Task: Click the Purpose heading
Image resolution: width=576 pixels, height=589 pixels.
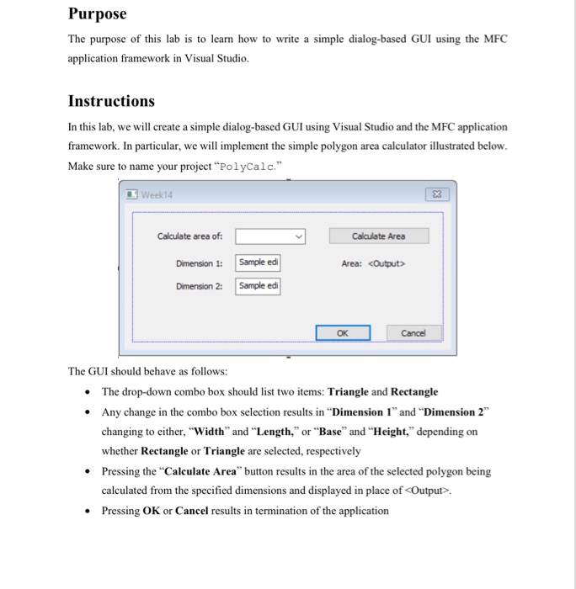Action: (x=97, y=14)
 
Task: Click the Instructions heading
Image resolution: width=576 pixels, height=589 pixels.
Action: (x=111, y=101)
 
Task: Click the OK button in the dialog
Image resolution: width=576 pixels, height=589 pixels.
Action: (x=343, y=332)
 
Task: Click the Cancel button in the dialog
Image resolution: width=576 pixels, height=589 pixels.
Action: (x=413, y=332)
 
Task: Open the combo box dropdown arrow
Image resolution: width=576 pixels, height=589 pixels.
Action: (x=297, y=236)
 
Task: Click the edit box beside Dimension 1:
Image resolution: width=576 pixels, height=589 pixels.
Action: (x=259, y=263)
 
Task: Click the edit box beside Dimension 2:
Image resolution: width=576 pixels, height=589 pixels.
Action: (x=259, y=286)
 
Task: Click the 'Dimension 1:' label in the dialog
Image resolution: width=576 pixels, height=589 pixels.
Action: (x=199, y=263)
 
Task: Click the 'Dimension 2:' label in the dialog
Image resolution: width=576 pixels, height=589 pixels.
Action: (x=199, y=286)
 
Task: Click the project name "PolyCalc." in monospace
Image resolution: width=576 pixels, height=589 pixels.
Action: (x=249, y=166)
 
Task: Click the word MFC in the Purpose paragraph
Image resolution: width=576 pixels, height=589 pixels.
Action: (x=496, y=40)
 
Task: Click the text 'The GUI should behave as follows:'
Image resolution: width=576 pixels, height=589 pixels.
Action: (x=148, y=371)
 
